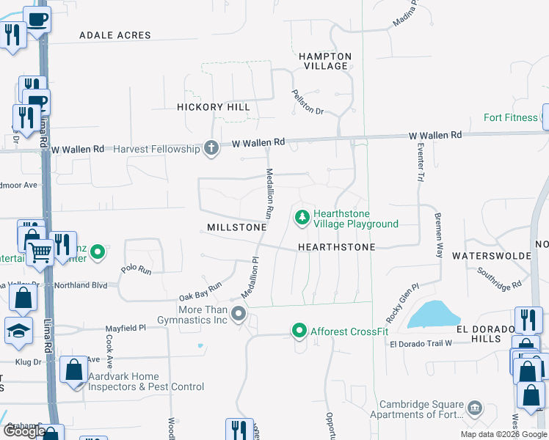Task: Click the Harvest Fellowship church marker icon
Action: click(x=211, y=149)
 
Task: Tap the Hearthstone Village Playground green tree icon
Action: click(x=301, y=218)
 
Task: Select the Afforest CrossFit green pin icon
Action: click(x=299, y=331)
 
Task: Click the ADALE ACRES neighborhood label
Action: click(x=114, y=35)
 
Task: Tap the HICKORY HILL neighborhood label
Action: click(x=214, y=107)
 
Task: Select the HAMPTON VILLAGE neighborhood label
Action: click(x=325, y=61)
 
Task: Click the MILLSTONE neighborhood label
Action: click(x=236, y=227)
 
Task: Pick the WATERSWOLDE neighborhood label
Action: click(x=491, y=256)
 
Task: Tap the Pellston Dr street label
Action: click(x=308, y=104)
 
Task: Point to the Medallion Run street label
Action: click(x=269, y=194)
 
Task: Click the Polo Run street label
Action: click(x=136, y=269)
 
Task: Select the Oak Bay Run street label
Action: click(x=200, y=291)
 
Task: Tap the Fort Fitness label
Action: click(x=512, y=117)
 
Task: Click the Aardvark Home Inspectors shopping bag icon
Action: click(x=75, y=370)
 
